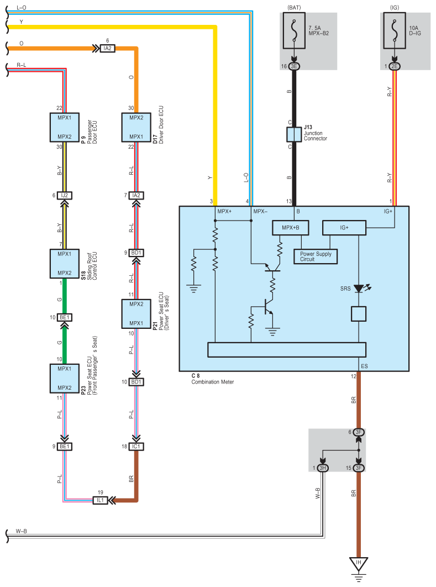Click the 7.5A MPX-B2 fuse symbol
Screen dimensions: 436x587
[294, 31]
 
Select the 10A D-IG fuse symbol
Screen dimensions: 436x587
[394, 31]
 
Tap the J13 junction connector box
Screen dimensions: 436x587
[294, 134]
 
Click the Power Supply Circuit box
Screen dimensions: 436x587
[316, 256]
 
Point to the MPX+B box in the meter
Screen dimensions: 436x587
[291, 228]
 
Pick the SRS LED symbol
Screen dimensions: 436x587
[359, 289]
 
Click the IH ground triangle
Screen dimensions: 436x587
[359, 564]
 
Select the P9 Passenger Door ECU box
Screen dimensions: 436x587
[64, 127]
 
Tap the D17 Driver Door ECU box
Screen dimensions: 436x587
[136, 127]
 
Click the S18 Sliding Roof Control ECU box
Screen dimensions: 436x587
[64, 264]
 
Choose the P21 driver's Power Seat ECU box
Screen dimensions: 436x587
[136, 314]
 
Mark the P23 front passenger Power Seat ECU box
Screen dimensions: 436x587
[64, 378]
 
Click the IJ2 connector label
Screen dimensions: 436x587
[64, 196]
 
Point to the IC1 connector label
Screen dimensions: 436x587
[136, 447]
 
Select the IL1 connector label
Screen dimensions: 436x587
[101, 500]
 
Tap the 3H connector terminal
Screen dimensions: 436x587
[323, 468]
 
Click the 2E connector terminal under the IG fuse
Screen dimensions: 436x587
[395, 66]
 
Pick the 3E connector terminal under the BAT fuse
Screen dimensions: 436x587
[294, 66]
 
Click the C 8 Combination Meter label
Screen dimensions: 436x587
[213, 379]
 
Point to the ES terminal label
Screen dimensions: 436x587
[364, 366]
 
